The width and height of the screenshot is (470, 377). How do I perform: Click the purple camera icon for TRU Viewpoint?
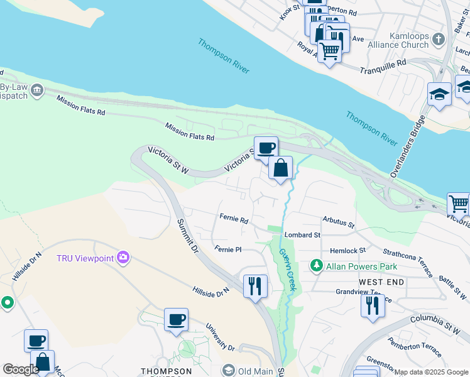pos(124,258)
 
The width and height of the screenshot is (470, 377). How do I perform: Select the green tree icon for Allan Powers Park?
pos(317,266)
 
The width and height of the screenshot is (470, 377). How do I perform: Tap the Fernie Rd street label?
pos(234,220)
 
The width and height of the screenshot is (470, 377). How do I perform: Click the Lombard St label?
pos(302,235)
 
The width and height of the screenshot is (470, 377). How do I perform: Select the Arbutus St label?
pos(339,223)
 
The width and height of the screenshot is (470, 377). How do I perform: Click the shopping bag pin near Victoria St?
pos(281,168)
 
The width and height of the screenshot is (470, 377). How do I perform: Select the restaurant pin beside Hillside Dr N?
pos(255,286)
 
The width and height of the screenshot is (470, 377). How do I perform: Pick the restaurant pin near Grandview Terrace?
pos(373,306)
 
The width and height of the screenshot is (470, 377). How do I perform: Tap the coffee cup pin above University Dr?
pos(176,319)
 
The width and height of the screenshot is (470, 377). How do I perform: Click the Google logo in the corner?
pos(21,369)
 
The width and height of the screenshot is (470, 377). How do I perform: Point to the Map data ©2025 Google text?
pos(431,373)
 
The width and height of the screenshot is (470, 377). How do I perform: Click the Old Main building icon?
pos(228,371)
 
